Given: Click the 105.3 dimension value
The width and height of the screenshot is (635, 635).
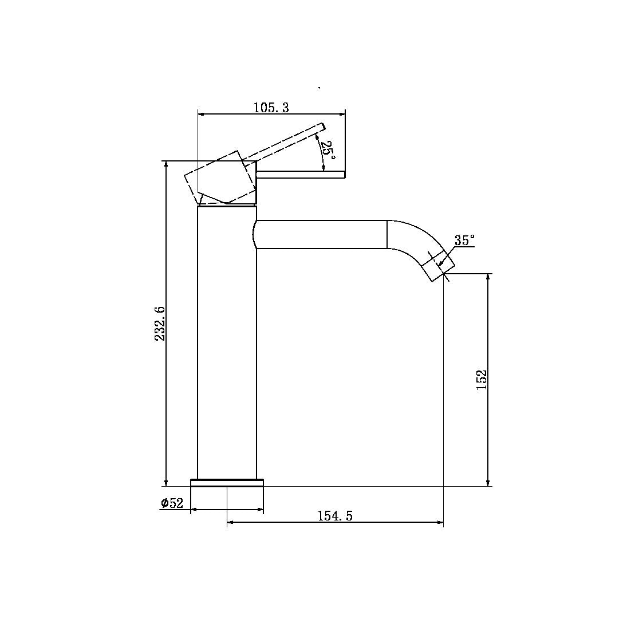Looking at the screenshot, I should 271,107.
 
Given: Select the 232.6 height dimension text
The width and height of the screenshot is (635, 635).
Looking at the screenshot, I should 160,324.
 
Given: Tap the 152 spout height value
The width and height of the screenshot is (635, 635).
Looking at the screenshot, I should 481,380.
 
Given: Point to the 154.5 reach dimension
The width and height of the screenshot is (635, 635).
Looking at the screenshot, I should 335,516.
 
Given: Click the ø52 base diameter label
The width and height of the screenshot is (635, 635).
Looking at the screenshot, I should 172,503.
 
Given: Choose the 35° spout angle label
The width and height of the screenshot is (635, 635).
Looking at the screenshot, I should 464,240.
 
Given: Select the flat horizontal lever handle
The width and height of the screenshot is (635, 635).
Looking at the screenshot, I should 301,174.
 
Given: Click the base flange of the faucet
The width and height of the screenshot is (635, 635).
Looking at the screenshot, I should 227,482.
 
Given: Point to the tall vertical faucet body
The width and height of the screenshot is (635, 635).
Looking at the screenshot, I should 226,344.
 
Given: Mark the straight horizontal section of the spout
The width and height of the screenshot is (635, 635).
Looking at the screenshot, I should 321,234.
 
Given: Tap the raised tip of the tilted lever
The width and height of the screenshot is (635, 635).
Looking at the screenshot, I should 322,126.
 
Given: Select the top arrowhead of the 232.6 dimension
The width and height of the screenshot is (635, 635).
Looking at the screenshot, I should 166,164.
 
